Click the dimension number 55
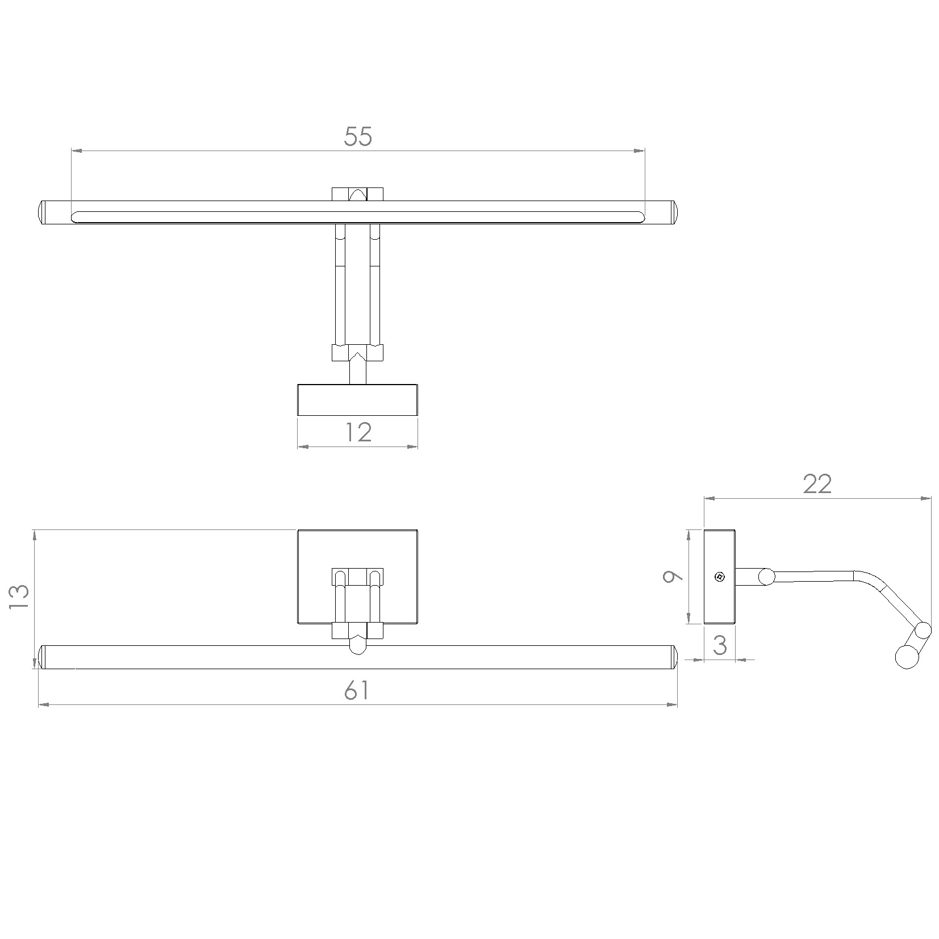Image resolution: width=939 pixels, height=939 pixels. (x=358, y=137)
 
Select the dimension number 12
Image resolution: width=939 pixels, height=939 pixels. (x=358, y=433)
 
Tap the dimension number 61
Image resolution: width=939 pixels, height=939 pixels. (x=357, y=691)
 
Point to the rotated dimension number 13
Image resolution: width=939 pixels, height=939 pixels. (x=19, y=597)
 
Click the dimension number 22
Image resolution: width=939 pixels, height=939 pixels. (x=817, y=484)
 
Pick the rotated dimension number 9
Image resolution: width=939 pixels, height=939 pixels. (x=673, y=577)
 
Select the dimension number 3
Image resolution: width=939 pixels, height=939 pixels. (x=720, y=646)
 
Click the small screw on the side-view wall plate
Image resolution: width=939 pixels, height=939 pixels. (x=719, y=577)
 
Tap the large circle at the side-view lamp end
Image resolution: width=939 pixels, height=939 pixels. (x=907, y=657)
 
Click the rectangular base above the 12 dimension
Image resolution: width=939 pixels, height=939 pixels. (x=357, y=400)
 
